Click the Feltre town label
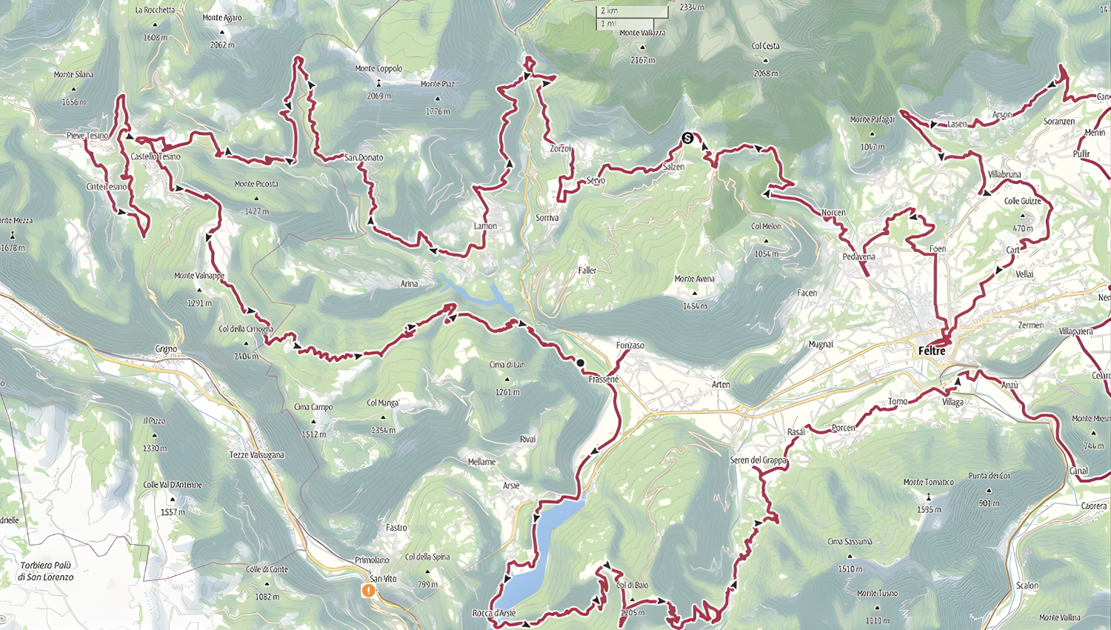[932, 351]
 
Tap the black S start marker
[687, 138]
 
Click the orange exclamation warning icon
[368, 590]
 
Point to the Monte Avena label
[694, 279]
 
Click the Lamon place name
[485, 226]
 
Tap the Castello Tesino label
[155, 156]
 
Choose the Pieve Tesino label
[87, 136]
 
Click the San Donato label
[364, 157]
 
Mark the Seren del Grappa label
[758, 460]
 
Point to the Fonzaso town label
[630, 345]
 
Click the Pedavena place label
[858, 256]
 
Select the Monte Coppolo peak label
[378, 69]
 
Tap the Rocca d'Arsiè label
[493, 613]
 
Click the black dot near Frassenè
[581, 362]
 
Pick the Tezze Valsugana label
[256, 454]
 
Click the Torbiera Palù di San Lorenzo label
[47, 571]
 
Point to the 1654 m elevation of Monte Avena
[694, 305]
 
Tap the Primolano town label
[372, 560]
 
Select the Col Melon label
[766, 226]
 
